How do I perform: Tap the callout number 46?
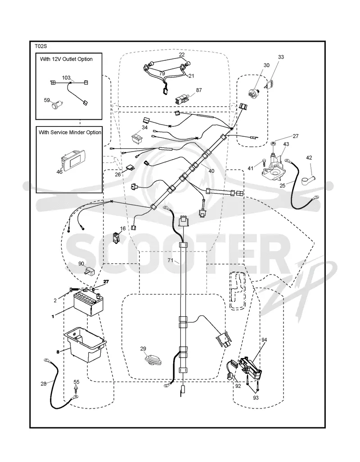click(59, 171)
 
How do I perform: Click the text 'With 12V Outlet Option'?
click(66, 59)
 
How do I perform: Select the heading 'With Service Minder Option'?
click(70, 133)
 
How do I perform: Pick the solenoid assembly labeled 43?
click(273, 166)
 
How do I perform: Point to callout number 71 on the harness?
click(171, 260)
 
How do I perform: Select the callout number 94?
click(264, 340)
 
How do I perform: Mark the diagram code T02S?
click(40, 46)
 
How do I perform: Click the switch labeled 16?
click(116, 238)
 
